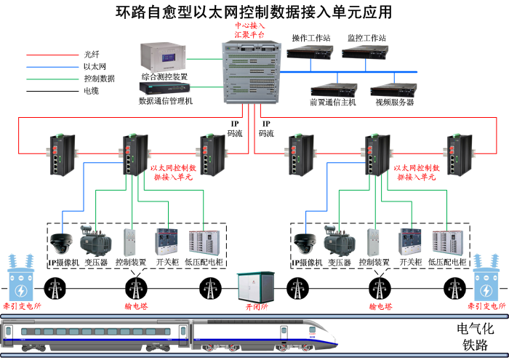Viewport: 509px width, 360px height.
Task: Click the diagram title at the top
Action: pyautogui.click(x=254, y=12)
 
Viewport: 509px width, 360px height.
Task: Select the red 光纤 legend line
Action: pyautogui.click(x=48, y=54)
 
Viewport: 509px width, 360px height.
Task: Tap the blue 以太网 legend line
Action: pyautogui.click(x=48, y=66)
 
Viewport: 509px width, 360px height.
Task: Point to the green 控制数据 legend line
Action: pyautogui.click(x=48, y=79)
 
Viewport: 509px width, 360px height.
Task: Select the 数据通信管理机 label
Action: pyautogui.click(x=166, y=102)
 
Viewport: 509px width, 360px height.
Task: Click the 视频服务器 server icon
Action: pyautogui.click(x=393, y=89)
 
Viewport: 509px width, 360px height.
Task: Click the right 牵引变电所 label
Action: pyautogui.click(x=488, y=308)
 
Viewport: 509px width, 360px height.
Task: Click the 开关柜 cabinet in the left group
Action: pyautogui.click(x=167, y=241)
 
